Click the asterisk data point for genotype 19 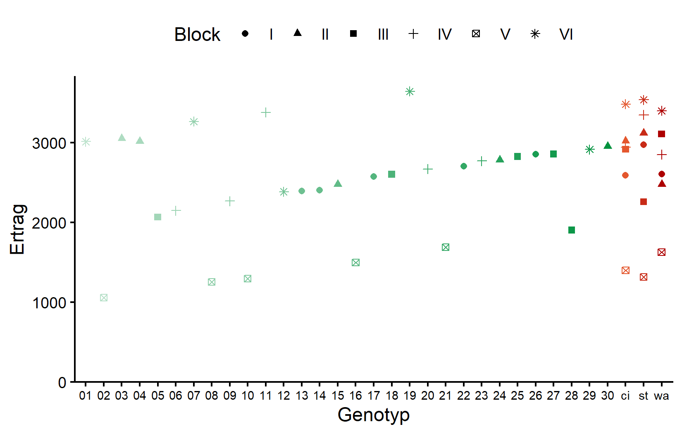410,91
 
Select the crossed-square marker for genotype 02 104,298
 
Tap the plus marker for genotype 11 266,112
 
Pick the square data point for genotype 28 572,230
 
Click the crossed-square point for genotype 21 446,247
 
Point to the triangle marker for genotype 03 122,138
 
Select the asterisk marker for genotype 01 86,142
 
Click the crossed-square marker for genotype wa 661,252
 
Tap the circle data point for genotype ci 625,175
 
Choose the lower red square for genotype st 644,202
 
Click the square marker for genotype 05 157,217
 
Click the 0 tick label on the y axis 62,383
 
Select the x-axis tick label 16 355,396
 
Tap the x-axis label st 643,396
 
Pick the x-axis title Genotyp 373,415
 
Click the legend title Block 197,35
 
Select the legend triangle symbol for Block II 298,33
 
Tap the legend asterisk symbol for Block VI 535,34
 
